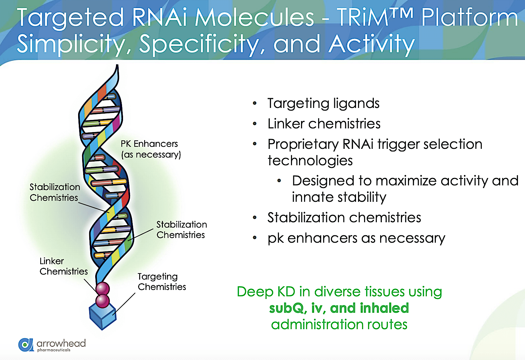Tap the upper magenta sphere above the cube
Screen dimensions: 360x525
pos(103,288)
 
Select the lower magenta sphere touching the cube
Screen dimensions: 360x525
pos(103,301)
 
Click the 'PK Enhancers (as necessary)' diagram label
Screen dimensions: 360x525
pos(151,149)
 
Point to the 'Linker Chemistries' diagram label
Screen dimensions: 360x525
pos(63,266)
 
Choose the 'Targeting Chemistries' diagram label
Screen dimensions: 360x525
pos(162,282)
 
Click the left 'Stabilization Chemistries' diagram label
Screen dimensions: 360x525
pos(55,192)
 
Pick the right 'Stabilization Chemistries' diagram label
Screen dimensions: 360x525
pos(181,230)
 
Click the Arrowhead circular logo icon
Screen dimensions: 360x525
pos(26,345)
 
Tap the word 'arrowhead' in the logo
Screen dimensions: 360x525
pos(61,343)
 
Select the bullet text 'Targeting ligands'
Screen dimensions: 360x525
pos(323,103)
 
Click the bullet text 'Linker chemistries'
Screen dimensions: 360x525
pos(324,124)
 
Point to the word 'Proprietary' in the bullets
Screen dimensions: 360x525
pos(303,144)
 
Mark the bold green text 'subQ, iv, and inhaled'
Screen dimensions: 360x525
pos(339,308)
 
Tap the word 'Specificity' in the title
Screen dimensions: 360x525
pos(199,44)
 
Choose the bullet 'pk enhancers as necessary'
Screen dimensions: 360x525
pos(356,238)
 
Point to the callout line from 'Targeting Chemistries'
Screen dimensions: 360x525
pos(125,304)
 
